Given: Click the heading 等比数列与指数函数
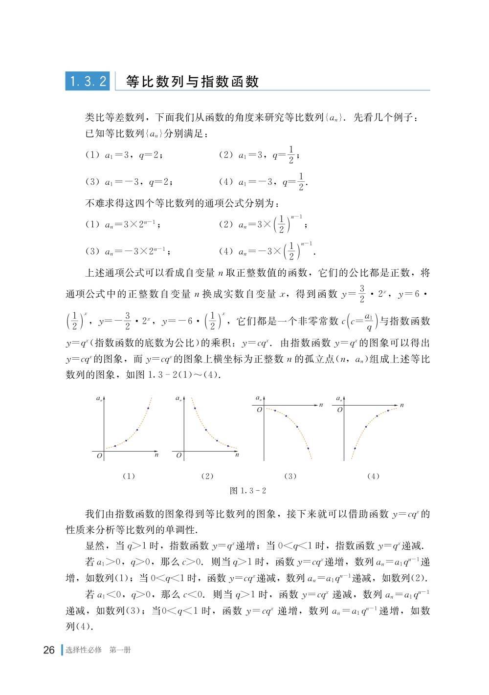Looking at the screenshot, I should coord(192,82).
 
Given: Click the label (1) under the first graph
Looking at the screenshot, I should coord(129,476).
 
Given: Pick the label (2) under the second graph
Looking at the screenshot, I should coord(207,476).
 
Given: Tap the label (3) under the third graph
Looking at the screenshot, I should coord(290,476).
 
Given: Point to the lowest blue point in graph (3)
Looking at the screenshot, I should coord(308,449).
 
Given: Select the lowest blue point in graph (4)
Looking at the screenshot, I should coord(355,447).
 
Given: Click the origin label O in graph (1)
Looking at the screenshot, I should coord(99,456).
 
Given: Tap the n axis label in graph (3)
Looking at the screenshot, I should coord(321,405).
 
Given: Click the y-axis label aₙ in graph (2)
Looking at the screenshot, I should coord(179,399).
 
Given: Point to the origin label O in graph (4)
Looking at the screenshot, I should coord(339,410).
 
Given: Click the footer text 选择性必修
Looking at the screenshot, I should coord(84,650).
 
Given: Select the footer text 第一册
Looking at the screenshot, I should coord(120,650).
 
